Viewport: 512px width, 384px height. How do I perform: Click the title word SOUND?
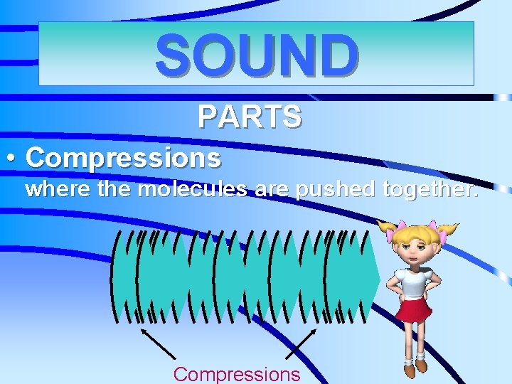point(257,55)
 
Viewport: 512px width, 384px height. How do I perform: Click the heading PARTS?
point(250,117)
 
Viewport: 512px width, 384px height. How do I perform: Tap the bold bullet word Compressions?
point(123,157)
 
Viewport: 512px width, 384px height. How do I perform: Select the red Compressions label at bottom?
point(237,374)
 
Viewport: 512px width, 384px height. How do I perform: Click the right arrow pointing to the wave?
point(302,342)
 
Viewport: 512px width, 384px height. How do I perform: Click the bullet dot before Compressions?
point(14,157)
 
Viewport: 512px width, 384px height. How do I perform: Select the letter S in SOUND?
point(173,55)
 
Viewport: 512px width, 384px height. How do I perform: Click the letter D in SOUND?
point(339,55)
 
